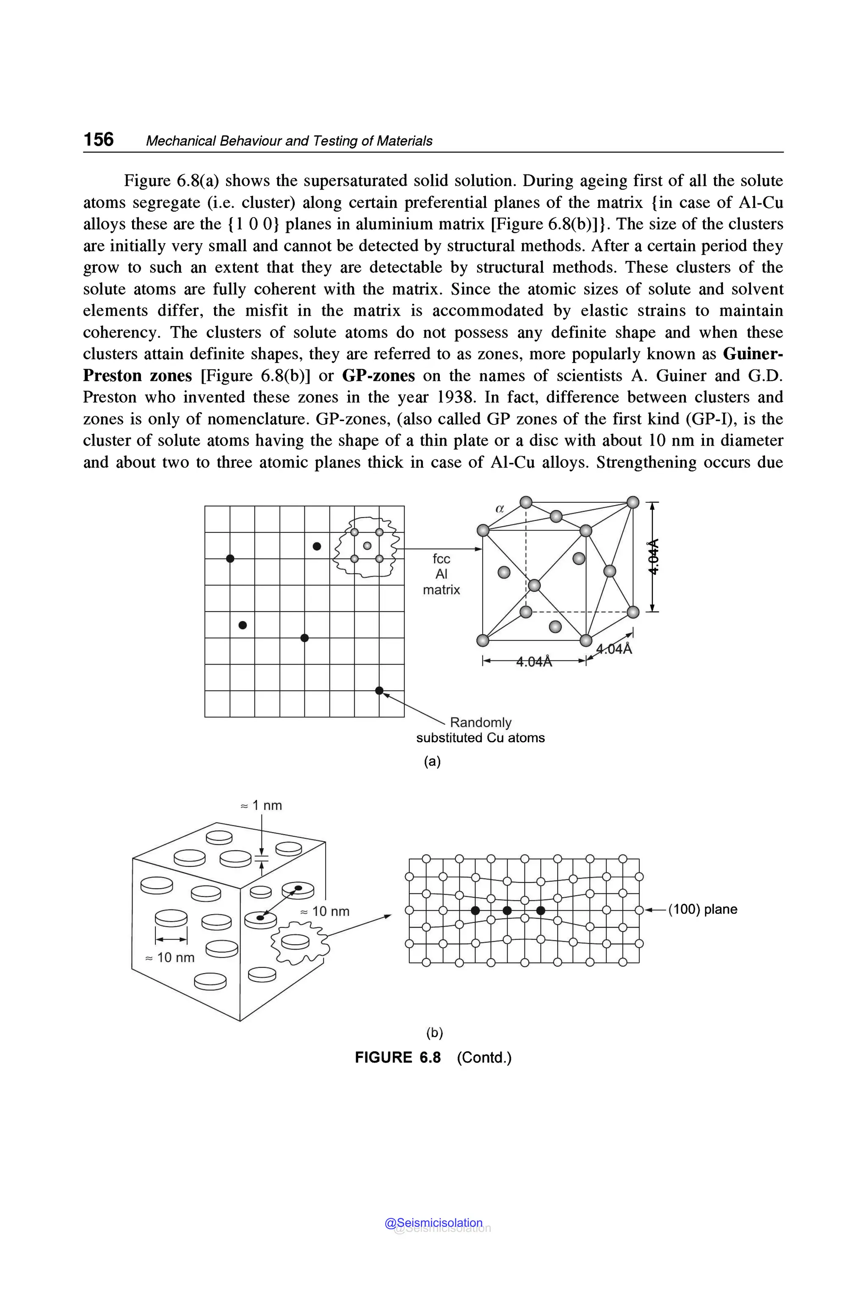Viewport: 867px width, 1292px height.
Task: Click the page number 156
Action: [x=98, y=139]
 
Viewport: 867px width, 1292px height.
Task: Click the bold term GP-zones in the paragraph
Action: [x=378, y=376]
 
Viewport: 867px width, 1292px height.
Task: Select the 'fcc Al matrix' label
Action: [x=441, y=574]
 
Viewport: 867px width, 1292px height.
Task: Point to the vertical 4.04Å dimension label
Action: [x=654, y=556]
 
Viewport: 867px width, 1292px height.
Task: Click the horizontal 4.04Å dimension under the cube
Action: [x=534, y=661]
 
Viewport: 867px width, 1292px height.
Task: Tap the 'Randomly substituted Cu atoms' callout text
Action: [x=480, y=730]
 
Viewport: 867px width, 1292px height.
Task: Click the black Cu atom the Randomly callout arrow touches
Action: [x=379, y=690]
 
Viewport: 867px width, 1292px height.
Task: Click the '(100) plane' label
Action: [x=703, y=909]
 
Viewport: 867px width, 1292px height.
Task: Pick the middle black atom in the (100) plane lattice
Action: [x=507, y=910]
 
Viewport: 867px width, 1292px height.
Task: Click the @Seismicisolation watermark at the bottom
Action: [x=434, y=1223]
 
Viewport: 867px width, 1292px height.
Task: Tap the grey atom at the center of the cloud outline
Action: [x=367, y=546]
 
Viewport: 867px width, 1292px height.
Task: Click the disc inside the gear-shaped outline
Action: [x=297, y=941]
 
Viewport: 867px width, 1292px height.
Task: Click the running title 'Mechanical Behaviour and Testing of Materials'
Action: [x=289, y=141]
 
